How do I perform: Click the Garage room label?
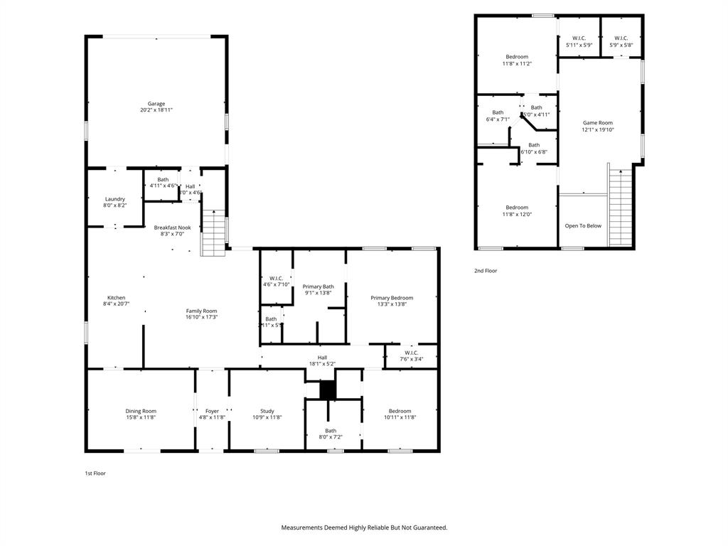[x=156, y=104]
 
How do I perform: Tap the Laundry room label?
[x=115, y=199]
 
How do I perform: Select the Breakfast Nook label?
[x=172, y=227]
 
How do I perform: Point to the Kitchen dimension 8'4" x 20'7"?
[x=117, y=304]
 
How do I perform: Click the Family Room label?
[x=201, y=311]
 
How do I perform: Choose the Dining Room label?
[x=141, y=411]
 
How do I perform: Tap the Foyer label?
[x=212, y=411]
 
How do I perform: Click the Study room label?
[x=267, y=411]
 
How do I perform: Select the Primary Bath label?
[x=318, y=287]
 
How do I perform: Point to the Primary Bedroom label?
[x=391, y=298]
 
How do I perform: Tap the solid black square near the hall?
[x=327, y=390]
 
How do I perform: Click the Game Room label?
[x=597, y=122]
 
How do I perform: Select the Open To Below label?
[x=583, y=226]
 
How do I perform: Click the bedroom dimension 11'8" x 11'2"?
[x=517, y=64]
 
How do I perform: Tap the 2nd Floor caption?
[x=486, y=271]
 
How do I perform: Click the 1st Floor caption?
[x=95, y=473]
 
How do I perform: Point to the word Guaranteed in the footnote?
[x=424, y=528]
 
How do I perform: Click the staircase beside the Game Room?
[x=620, y=206]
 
